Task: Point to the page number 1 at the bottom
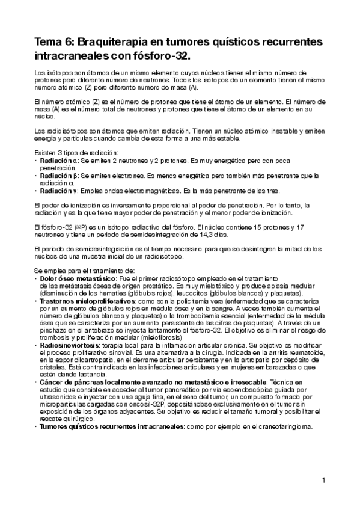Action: tap(323, 480)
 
